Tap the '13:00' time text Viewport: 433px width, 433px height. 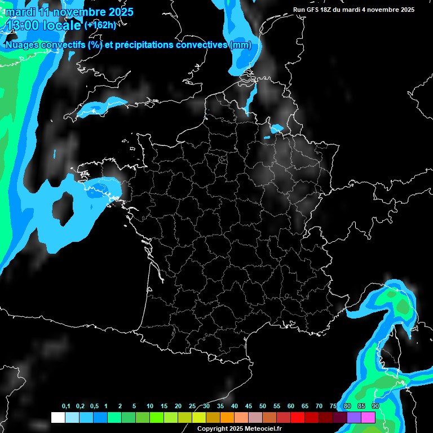pos(23,25)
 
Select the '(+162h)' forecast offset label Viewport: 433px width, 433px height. pos(100,25)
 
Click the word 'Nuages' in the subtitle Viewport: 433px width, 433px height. pos(20,45)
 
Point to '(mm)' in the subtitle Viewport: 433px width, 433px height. pos(241,45)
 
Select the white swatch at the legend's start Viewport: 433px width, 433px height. pos(58,417)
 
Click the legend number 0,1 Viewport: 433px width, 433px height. pos(66,407)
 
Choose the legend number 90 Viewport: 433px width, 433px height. pos(375,407)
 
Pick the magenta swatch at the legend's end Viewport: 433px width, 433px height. pos(368,417)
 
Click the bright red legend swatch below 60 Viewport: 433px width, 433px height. pos(298,417)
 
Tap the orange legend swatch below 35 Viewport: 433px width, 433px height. pos(227,417)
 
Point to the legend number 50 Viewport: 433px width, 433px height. pos(263,407)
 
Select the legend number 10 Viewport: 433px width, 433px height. pos(150,407)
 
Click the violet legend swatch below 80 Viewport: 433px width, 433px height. pos(354,417)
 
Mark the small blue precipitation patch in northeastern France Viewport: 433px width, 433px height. pos(276,129)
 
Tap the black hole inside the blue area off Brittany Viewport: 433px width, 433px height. pos(62,205)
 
